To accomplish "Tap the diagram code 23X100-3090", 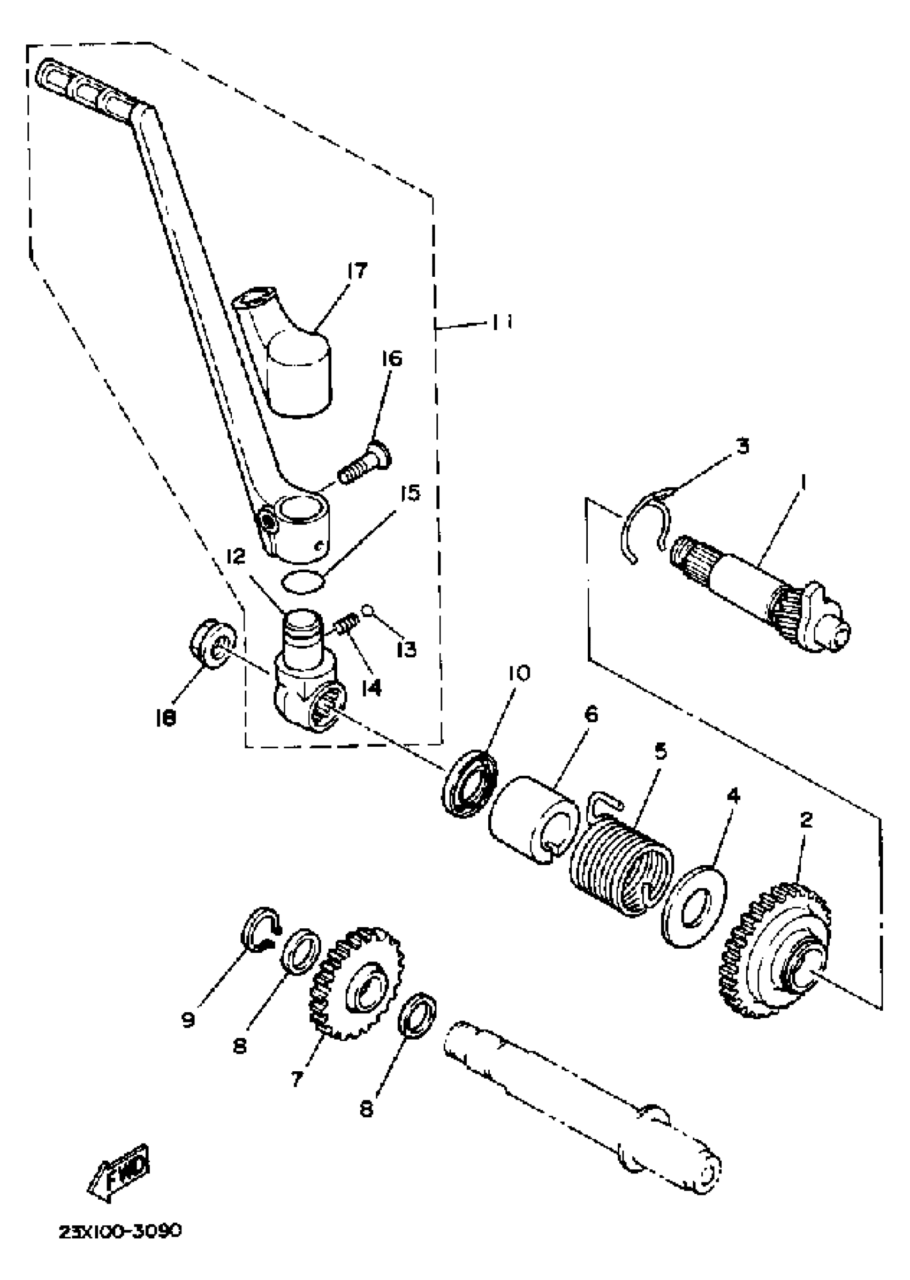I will (x=120, y=1231).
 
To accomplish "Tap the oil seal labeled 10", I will (x=470, y=782).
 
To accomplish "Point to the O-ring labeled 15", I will (x=303, y=582).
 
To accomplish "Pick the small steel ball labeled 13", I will (x=368, y=609).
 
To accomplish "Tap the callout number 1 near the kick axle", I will (x=802, y=481).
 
